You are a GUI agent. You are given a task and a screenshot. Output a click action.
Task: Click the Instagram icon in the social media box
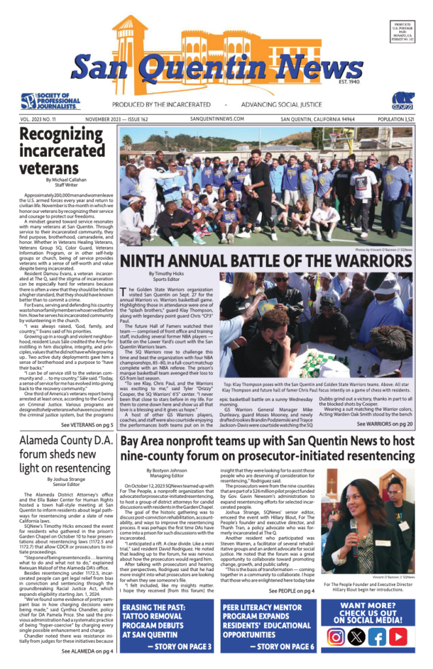click(x=336, y=637)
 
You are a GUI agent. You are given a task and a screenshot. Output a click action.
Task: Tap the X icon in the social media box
click(x=357, y=637)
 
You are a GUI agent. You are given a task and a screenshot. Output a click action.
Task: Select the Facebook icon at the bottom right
click(x=377, y=637)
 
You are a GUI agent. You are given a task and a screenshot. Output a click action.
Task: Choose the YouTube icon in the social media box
click(x=398, y=637)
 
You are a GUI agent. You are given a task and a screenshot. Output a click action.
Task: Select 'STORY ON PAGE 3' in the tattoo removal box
click(x=178, y=647)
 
